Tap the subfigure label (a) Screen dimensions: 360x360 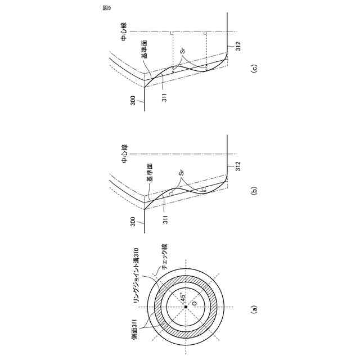tap(254, 308)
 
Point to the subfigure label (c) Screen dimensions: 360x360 tap(254, 69)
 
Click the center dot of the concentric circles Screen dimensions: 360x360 tap(186, 307)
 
